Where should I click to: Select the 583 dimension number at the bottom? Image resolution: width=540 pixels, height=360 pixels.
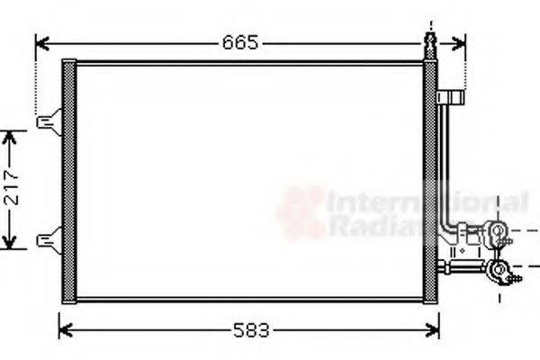247,330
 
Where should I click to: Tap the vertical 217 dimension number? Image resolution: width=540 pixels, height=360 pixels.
10,190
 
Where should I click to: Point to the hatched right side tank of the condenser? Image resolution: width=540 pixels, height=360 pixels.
430,180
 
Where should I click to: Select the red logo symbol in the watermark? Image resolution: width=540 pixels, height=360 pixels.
301,212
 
